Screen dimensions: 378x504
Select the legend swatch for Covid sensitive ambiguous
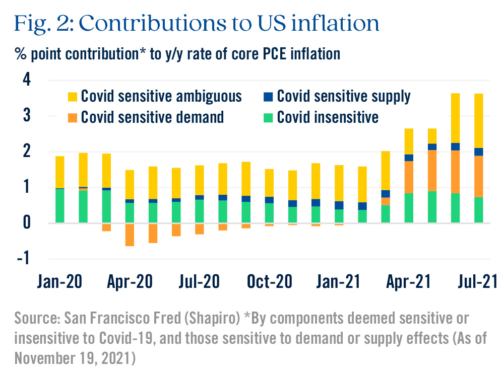(x=73, y=96)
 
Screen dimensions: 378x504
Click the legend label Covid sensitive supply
(x=344, y=96)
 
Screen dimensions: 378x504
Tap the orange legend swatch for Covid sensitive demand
(x=73, y=117)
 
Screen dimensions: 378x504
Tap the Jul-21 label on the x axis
(x=476, y=281)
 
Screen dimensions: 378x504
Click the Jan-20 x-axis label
(x=59, y=281)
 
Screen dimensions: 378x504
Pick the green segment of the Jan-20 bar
(x=59, y=205)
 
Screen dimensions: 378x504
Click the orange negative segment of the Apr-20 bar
(x=130, y=235)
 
